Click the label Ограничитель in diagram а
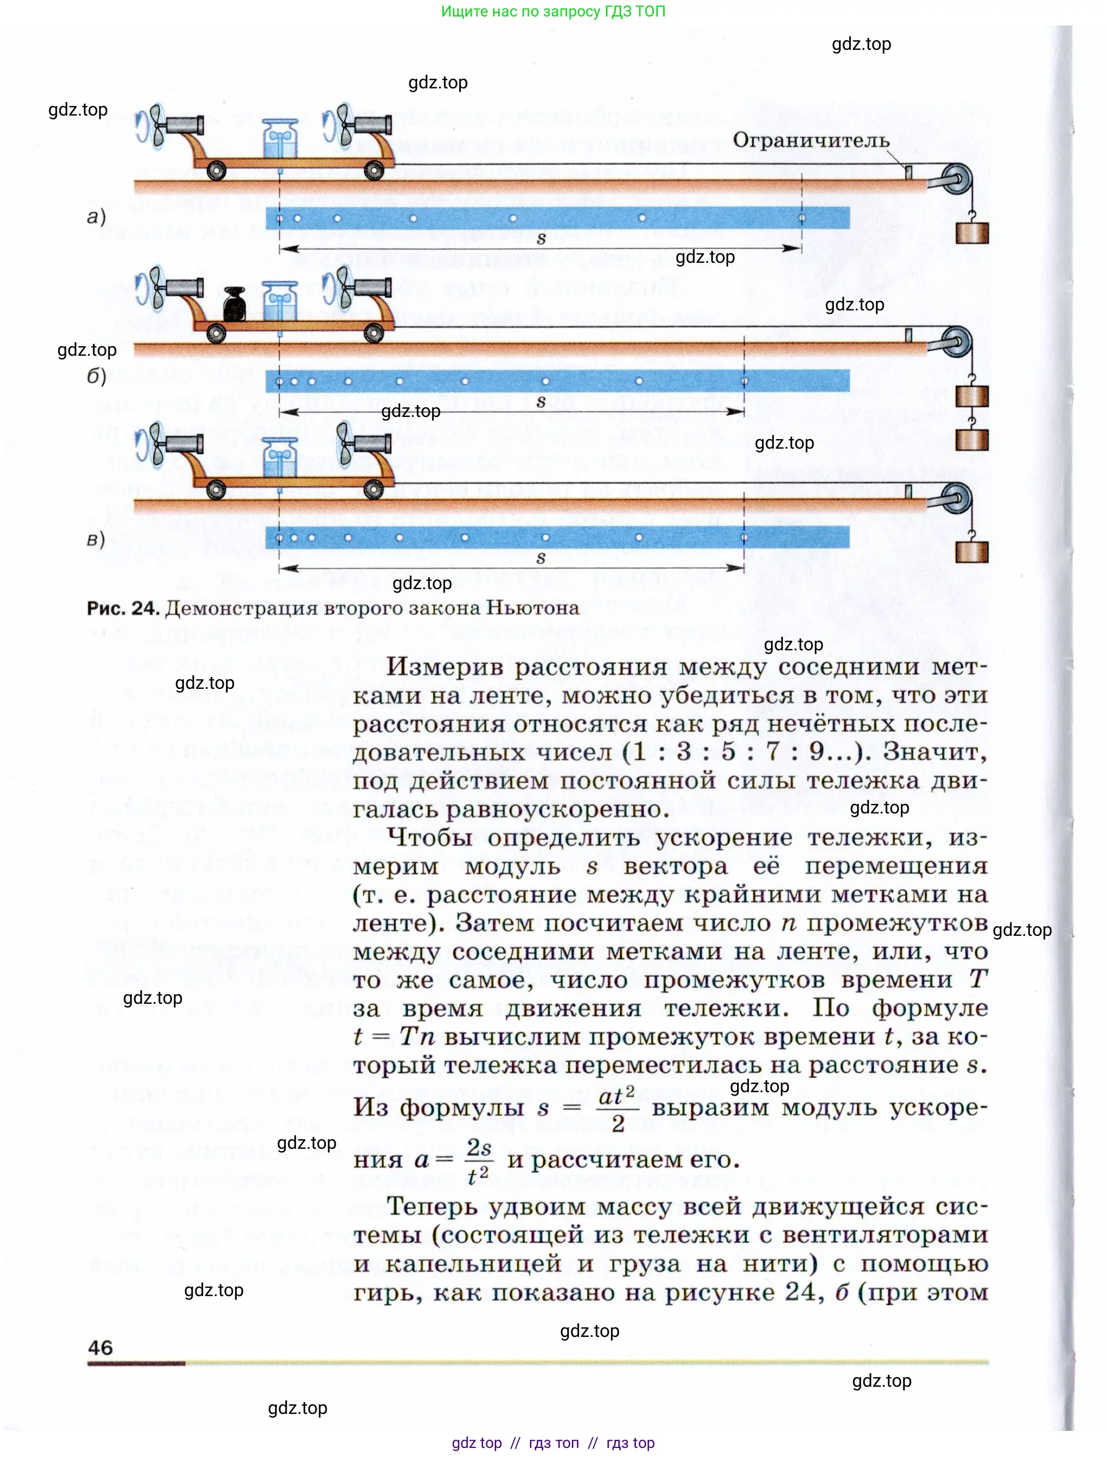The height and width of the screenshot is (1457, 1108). tap(811, 140)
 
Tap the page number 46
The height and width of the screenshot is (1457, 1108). tap(100, 1347)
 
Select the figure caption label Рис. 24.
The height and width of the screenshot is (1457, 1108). tap(123, 608)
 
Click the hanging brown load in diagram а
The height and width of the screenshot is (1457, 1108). tap(972, 233)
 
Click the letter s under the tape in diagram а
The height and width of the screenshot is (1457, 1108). tap(541, 239)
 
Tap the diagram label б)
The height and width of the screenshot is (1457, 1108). tap(96, 376)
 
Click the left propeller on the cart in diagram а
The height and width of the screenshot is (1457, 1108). tap(153, 125)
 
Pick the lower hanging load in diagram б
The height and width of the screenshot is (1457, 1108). tap(972, 440)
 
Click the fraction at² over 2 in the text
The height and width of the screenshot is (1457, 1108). tap(617, 1109)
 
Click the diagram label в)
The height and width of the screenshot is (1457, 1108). tap(96, 539)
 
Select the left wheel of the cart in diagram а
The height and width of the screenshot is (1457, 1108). tap(216, 171)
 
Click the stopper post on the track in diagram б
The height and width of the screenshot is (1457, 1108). tap(908, 335)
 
